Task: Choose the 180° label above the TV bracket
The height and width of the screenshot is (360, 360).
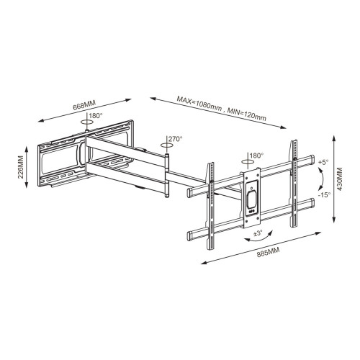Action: (256, 156)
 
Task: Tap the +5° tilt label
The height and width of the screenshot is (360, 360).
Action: (323, 163)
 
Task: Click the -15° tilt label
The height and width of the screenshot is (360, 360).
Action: (324, 195)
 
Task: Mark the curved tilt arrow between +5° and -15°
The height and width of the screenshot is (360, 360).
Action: (319, 179)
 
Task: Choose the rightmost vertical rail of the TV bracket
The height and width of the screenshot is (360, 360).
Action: (293, 184)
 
